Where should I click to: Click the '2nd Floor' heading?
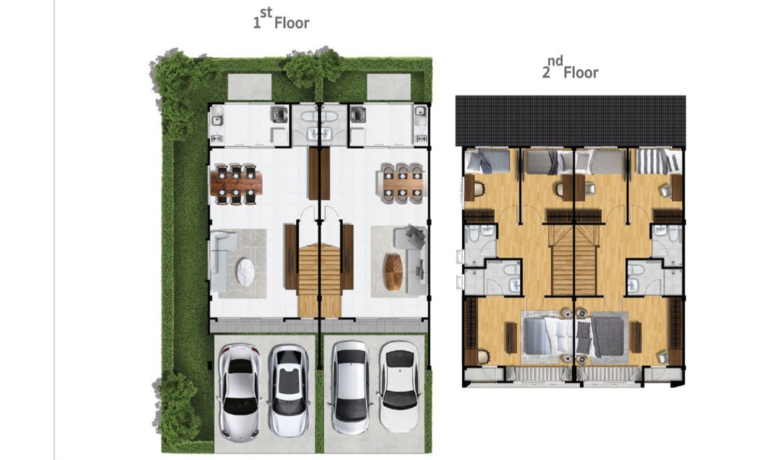(x=570, y=68)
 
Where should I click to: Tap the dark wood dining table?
(x=236, y=184)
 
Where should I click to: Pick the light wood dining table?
(x=403, y=184)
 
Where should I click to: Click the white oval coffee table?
(x=246, y=272)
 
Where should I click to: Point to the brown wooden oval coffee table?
(x=394, y=272)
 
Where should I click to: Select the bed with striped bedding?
(x=658, y=161)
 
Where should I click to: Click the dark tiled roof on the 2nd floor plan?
(x=570, y=120)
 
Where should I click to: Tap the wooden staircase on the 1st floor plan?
(x=320, y=280)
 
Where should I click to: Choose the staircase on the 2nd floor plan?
(x=574, y=260)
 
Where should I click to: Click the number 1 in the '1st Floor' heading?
(x=257, y=23)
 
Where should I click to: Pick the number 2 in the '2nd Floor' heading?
(x=546, y=73)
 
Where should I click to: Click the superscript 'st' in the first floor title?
(x=267, y=13)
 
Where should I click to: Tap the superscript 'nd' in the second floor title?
(x=555, y=61)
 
